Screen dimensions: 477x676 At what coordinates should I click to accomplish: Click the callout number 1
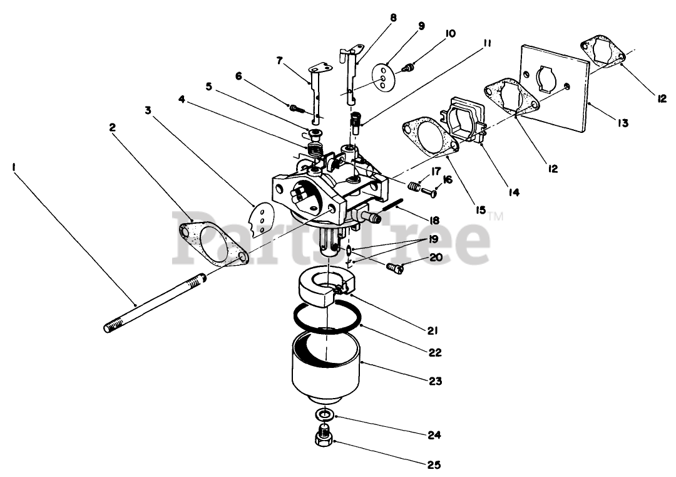coord(14,167)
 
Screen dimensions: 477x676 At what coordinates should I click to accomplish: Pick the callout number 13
coord(621,123)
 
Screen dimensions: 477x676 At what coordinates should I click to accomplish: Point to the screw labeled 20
coord(394,268)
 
